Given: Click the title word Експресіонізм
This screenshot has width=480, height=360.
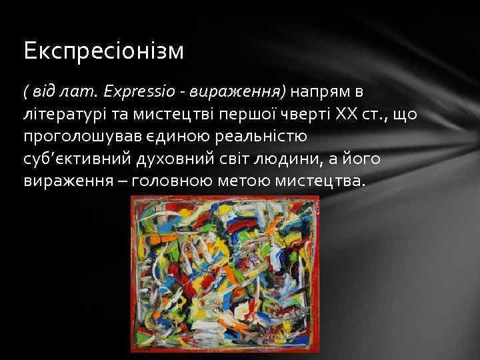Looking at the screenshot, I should point(103,51).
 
